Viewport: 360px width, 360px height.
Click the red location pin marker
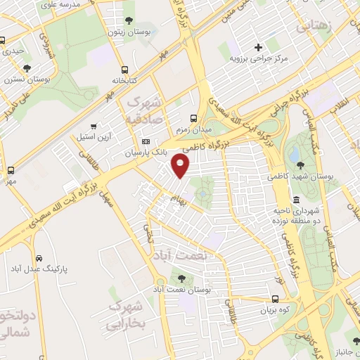(181, 166)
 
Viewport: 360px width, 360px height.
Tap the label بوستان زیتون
(127, 31)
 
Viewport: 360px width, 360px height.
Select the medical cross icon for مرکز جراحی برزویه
(258, 47)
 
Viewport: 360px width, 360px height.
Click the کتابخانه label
(124, 80)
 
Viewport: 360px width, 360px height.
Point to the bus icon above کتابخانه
(124, 70)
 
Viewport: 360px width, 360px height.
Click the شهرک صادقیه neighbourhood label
(149, 111)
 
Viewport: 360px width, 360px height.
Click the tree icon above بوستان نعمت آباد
(184, 279)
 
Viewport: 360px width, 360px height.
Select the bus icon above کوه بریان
(276, 299)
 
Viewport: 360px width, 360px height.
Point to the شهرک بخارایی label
(128, 315)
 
